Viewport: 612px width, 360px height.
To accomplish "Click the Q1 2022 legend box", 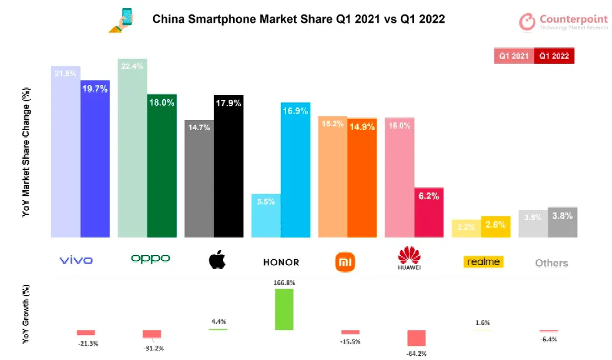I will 554,56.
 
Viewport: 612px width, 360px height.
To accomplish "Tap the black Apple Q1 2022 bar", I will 229,169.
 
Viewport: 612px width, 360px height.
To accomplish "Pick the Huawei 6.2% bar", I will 429,212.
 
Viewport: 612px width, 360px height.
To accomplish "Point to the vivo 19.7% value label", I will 95,89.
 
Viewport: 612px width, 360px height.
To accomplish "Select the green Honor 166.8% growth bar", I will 284,309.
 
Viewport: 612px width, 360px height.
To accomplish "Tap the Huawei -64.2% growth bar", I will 417,337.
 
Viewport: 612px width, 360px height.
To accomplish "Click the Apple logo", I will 217,260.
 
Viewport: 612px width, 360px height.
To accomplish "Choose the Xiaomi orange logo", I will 345,261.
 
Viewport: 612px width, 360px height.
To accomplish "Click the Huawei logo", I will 409,259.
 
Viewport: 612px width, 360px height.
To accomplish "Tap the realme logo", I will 483,261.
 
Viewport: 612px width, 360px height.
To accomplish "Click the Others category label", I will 551,263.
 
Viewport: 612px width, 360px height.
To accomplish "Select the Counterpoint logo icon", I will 528,22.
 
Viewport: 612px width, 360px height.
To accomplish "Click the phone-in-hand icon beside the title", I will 124,20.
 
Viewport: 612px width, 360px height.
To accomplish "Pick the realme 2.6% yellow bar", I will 496,227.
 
